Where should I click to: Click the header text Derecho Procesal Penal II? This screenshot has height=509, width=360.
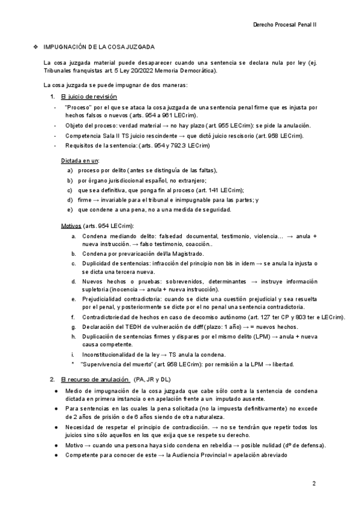click(x=286, y=24)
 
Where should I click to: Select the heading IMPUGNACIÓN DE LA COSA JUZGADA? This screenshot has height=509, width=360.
click(x=99, y=47)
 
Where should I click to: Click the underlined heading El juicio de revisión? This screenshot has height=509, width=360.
click(x=89, y=97)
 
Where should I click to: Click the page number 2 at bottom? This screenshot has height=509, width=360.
click(x=313, y=483)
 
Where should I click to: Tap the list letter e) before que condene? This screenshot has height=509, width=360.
click(x=71, y=209)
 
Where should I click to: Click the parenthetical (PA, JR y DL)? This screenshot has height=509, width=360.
click(x=152, y=379)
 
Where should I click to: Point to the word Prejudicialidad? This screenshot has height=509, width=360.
click(x=108, y=298)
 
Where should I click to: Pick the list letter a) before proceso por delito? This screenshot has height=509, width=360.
click(x=71, y=171)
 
